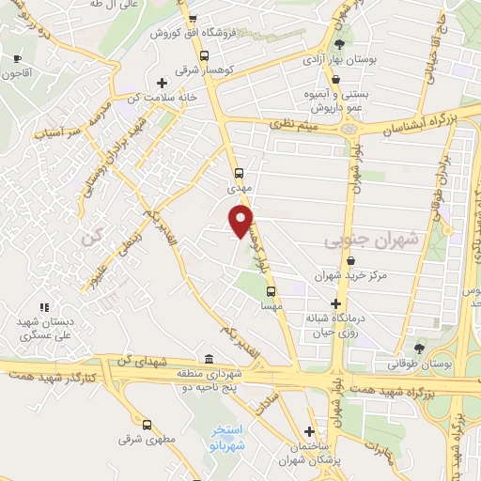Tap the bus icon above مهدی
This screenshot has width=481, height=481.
click(x=239, y=173)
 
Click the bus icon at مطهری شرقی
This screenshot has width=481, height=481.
click(x=146, y=424)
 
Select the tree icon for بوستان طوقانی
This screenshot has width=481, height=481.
click(x=419, y=348)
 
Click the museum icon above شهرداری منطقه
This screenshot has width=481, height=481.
click(x=209, y=359)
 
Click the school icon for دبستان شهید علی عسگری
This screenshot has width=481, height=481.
click(x=43, y=306)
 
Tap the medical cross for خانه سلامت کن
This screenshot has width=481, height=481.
click(x=162, y=84)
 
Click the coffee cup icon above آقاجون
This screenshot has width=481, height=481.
click(x=17, y=59)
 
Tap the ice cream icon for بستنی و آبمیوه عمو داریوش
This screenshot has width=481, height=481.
click(x=335, y=81)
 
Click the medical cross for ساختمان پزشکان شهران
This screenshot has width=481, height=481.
click(x=309, y=430)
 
